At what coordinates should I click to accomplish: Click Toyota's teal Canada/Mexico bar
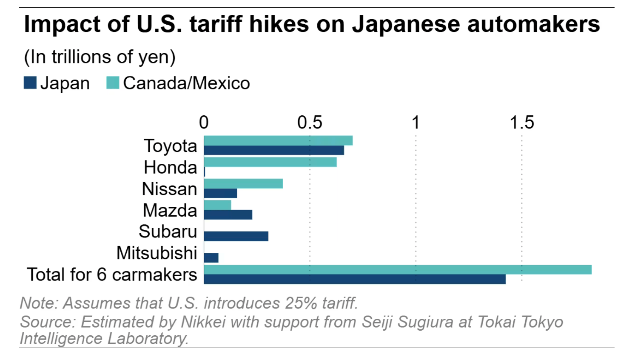point(278,141)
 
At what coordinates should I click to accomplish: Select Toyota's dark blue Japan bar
point(274,150)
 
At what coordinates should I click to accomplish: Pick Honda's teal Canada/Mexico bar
point(270,162)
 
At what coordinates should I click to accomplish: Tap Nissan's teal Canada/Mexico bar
point(243,183)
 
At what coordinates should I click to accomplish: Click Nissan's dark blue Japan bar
point(220,193)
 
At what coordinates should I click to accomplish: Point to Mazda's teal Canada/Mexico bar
point(217,205)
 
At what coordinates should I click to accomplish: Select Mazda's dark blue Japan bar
point(228,214)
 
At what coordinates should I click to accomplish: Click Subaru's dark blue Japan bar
point(236,236)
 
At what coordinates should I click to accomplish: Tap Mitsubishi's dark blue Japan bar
point(211,257)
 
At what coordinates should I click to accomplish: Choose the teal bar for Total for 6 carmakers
point(398,269)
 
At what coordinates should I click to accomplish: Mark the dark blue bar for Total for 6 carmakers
point(355,279)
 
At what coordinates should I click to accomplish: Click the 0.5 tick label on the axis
point(310,123)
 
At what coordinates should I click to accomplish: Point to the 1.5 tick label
point(522,123)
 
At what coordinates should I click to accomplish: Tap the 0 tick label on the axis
point(204,123)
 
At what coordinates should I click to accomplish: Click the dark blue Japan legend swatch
point(30,83)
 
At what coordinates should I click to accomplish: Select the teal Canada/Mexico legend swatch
point(113,83)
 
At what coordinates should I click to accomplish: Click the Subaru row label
point(168,231)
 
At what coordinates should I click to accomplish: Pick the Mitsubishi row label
point(157,253)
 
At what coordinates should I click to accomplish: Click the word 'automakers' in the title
point(533,24)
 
